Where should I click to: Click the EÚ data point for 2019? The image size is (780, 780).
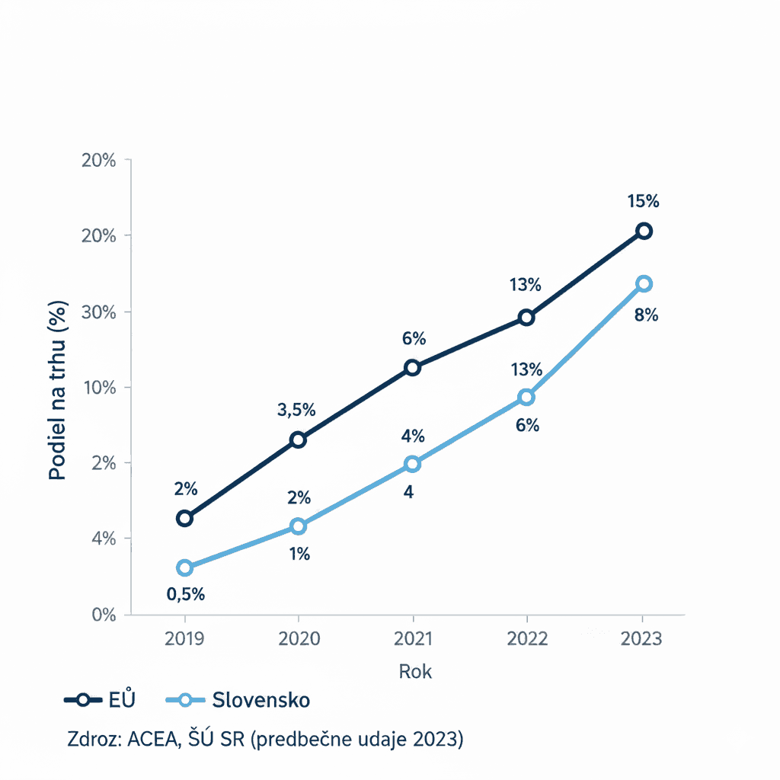click(x=184, y=519)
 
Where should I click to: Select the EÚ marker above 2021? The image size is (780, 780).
click(x=412, y=368)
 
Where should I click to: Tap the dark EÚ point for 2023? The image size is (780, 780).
click(x=644, y=231)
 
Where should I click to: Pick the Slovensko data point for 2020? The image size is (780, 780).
click(x=298, y=526)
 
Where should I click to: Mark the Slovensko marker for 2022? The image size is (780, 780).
click(x=526, y=398)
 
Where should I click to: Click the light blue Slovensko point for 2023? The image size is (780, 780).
click(x=644, y=284)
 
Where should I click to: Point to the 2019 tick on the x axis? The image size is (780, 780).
click(x=184, y=638)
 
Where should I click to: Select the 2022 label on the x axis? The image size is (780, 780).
click(x=526, y=638)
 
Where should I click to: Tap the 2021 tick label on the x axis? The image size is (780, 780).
click(x=412, y=638)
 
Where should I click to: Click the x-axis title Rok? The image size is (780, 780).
click(x=415, y=672)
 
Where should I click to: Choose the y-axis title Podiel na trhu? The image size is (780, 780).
click(x=58, y=391)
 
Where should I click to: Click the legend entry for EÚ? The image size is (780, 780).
click(x=100, y=700)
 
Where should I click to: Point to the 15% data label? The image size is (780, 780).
click(x=644, y=202)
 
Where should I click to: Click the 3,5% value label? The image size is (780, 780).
click(x=296, y=410)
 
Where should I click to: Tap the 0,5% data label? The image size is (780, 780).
click(x=186, y=595)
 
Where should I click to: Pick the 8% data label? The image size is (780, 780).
click(x=646, y=315)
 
